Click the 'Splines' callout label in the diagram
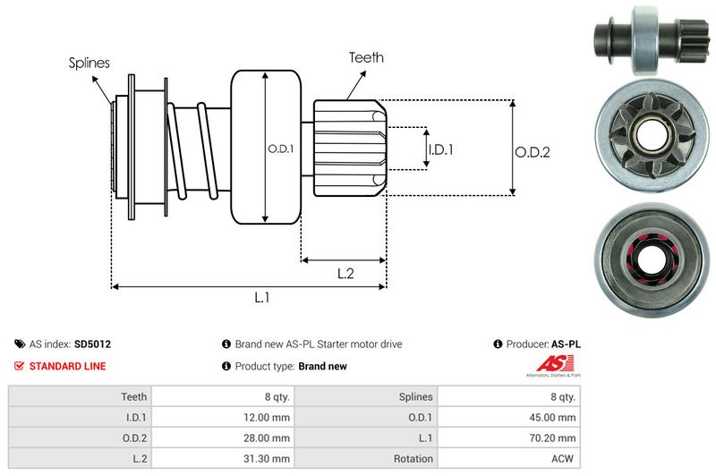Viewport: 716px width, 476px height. (89, 63)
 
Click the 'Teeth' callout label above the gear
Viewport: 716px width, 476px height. (366, 57)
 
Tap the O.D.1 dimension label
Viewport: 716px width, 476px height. (280, 149)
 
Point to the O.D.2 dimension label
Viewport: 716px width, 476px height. (532, 152)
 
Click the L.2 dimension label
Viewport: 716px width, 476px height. (346, 275)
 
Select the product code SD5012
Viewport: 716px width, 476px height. (93, 344)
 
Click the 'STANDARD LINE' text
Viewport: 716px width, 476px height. (67, 366)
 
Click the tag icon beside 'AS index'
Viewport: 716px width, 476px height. (20, 344)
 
